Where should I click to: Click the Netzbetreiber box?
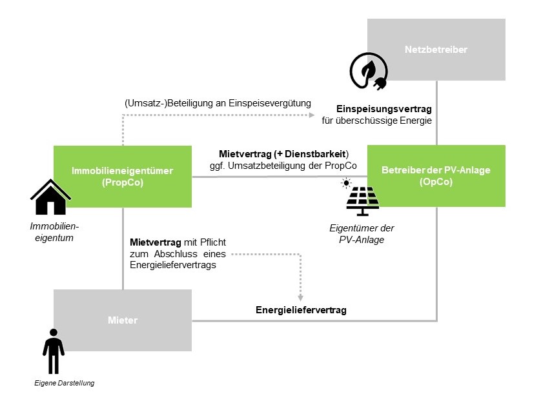(436, 50)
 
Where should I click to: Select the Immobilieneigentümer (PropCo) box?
(123, 176)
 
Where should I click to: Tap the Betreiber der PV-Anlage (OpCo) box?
(436, 175)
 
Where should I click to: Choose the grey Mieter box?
(123, 320)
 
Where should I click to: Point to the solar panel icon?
(363, 200)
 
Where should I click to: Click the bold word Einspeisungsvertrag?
(378, 109)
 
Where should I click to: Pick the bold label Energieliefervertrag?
(301, 310)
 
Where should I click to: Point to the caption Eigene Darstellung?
(65, 384)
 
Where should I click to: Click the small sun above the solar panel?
(346, 183)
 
